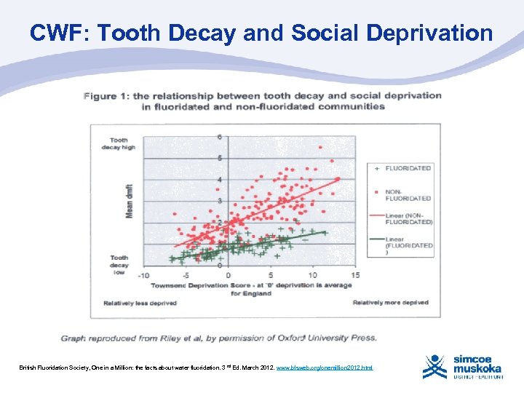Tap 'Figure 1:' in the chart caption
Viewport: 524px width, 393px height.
pos(110,95)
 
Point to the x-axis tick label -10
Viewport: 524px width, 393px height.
pos(143,275)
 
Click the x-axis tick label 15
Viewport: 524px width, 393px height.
pos(354,275)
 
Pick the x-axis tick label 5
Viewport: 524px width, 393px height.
pos(271,275)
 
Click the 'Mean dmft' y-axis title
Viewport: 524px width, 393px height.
pos(130,200)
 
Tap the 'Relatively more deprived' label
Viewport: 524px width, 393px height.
pos(391,302)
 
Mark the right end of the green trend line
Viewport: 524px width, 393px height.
pos(325,232)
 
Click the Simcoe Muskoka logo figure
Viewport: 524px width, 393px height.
pos(434,368)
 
